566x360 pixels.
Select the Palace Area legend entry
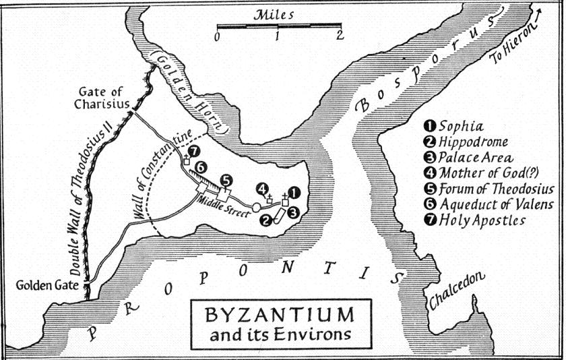(471, 156)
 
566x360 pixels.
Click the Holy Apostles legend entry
(481, 219)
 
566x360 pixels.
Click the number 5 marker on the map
(226, 180)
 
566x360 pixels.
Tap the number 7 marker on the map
(195, 150)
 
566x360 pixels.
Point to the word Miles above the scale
(276, 14)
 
